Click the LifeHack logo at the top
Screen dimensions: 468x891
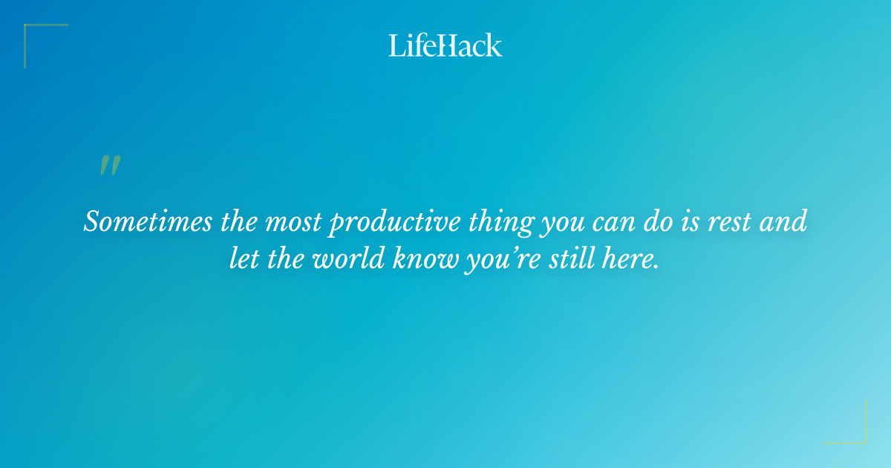(446, 45)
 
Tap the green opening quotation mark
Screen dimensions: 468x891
(110, 166)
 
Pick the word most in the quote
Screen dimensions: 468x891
(281, 221)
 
